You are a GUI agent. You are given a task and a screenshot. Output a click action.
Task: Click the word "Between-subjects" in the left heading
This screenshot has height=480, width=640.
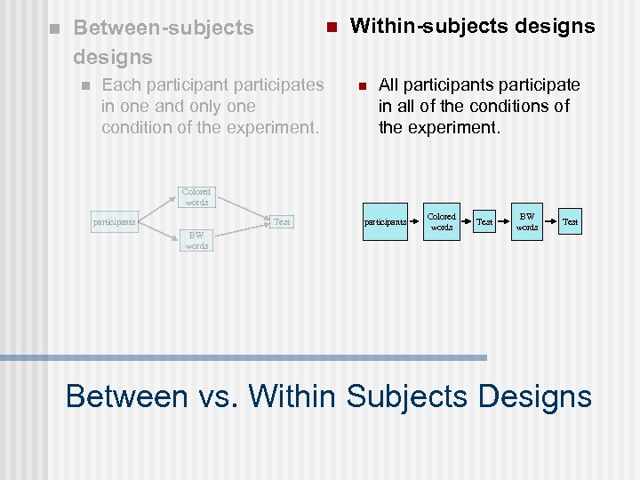click(164, 28)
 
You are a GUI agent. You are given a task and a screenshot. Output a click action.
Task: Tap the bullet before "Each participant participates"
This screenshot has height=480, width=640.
click(84, 86)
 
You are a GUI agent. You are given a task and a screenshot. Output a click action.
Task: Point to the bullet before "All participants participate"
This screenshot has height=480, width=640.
click(361, 86)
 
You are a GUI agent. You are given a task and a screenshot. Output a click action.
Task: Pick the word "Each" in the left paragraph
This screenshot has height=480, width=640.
click(120, 85)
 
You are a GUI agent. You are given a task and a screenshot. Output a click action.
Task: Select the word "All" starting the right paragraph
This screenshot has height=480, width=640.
click(390, 85)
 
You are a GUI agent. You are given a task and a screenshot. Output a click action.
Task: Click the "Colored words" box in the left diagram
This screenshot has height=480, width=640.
click(196, 196)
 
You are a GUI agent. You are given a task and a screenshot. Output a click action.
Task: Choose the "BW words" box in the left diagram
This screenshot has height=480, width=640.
click(196, 240)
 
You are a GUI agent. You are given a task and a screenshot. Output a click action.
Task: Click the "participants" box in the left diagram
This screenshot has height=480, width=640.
click(116, 221)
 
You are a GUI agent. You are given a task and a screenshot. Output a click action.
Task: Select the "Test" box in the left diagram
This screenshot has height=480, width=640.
click(282, 221)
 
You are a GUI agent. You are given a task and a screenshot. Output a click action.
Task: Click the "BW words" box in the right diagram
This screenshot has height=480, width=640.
click(527, 221)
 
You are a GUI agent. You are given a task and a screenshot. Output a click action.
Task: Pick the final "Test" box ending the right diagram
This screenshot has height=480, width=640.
click(570, 221)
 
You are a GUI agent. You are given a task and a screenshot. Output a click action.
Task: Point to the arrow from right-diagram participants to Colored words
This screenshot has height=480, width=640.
click(416, 221)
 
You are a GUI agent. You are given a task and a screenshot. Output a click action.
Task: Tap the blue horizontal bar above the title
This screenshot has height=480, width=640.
click(244, 357)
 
